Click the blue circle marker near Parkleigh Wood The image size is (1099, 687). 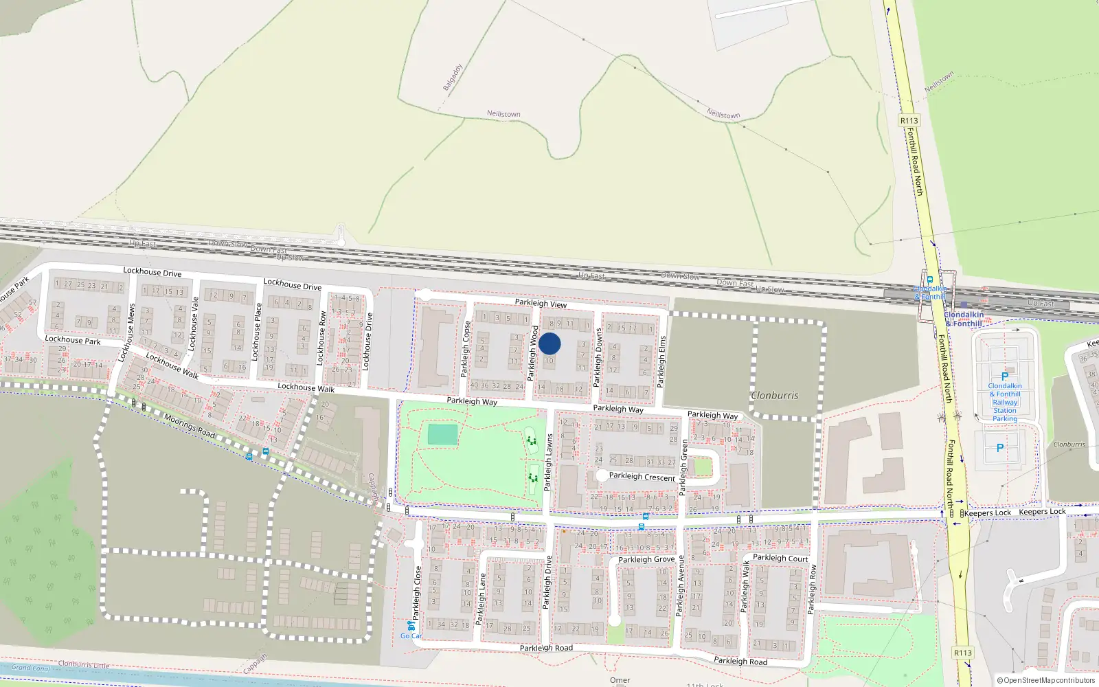click(x=549, y=343)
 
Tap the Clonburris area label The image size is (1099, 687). click(x=774, y=396)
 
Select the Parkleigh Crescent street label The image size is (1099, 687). click(x=642, y=476)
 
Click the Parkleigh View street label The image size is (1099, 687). click(x=541, y=303)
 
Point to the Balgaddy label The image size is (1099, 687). click(x=453, y=78)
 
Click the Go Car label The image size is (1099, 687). click(x=411, y=635)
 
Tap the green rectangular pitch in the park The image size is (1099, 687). click(x=442, y=434)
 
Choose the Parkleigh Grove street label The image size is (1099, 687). click(x=646, y=559)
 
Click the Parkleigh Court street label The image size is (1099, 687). click(x=780, y=558)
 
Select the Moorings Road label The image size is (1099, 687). click(x=189, y=426)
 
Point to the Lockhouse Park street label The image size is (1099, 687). click(x=72, y=339)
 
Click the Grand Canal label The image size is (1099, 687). click(x=30, y=668)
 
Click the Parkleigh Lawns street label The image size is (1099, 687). click(x=548, y=462)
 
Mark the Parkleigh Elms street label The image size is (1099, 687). click(x=662, y=361)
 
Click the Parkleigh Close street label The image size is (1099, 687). click(x=416, y=592)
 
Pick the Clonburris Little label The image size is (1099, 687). click(x=84, y=664)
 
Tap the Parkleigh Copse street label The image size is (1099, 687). click(x=465, y=349)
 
